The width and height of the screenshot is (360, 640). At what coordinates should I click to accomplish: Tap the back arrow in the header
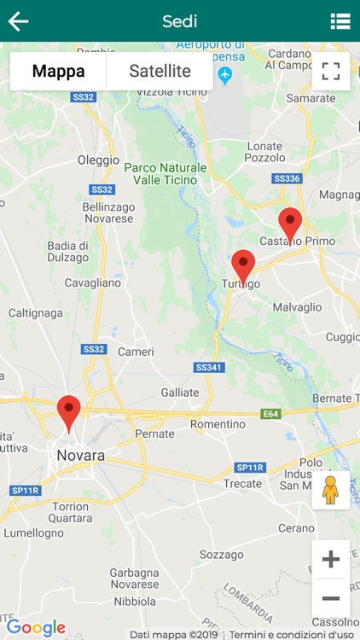pos(18,21)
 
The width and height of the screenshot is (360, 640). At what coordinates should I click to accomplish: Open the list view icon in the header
pos(340,21)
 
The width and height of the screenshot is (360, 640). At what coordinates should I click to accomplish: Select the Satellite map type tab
pos(160,71)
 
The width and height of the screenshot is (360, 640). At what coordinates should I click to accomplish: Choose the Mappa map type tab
pos(58,71)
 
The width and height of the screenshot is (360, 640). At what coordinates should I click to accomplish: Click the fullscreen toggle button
pos(331,71)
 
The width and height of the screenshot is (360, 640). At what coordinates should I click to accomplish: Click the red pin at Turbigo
pos(243,266)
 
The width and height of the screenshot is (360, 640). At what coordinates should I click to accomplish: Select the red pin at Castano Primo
pos(290,224)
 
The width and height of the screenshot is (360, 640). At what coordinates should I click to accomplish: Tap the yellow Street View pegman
pos(331,490)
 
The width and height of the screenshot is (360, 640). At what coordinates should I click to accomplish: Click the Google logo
pos(36,628)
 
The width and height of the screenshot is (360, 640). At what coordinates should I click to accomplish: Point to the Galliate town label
pos(180,393)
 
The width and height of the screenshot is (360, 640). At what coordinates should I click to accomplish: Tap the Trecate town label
pos(242,484)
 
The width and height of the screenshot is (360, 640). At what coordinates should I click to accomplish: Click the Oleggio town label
pos(99,160)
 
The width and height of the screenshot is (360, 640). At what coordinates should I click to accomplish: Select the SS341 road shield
pos(209,368)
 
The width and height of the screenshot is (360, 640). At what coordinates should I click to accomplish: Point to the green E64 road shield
pos(270,414)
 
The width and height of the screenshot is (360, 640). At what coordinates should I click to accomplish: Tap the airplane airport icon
pos(225,76)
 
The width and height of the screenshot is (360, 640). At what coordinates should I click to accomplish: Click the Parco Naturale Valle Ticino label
pos(165,173)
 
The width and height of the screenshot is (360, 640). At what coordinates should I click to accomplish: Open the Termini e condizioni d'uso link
pos(291,634)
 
